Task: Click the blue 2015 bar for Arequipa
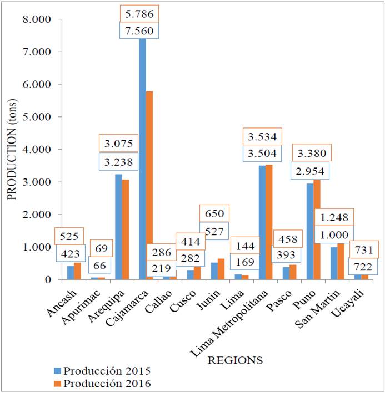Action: point(119,227)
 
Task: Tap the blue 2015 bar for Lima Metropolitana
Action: point(262,222)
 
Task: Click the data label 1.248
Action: point(335,217)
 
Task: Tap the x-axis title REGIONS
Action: point(234,360)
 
